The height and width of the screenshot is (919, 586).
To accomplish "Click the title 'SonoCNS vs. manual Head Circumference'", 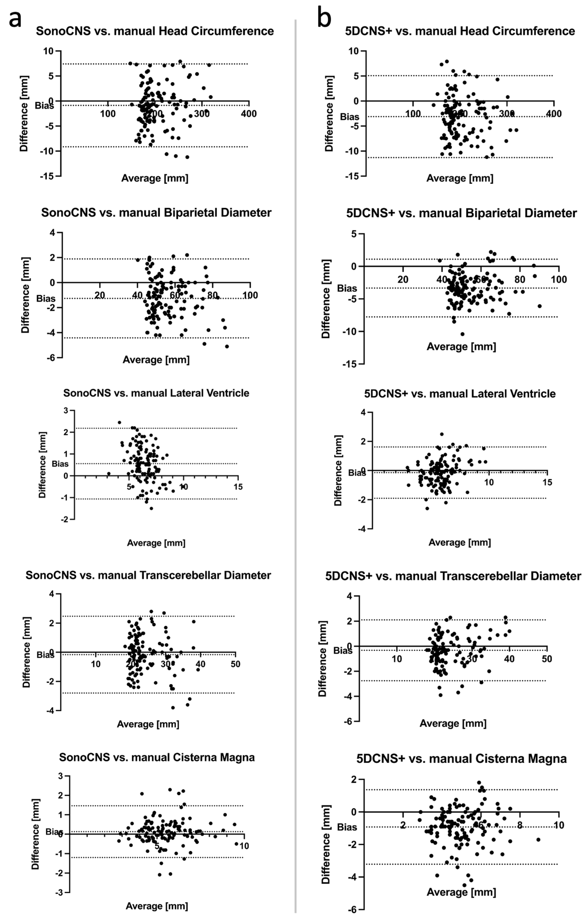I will tap(155, 31).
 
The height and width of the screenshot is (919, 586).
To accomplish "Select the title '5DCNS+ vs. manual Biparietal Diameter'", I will tap(461, 213).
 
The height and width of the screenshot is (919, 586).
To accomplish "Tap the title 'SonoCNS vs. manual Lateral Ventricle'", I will tap(156, 393).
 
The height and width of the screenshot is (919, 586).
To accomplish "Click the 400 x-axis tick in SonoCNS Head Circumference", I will tap(249, 114).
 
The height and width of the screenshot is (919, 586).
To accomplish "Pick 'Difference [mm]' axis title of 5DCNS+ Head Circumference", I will tap(329, 113).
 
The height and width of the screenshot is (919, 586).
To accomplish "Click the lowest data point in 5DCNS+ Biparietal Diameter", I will tap(462, 334).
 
